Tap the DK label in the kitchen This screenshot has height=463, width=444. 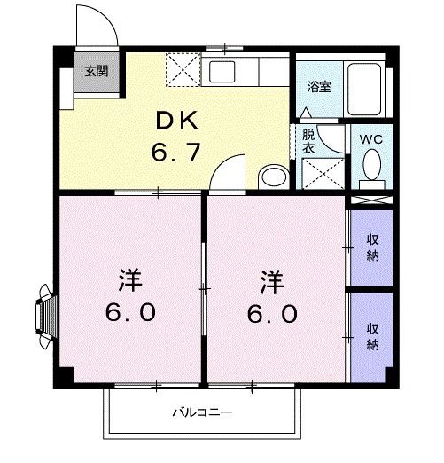(179, 121)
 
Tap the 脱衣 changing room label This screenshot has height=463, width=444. (308, 142)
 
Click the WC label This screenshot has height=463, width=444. (372, 139)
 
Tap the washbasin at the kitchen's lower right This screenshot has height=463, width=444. (274, 177)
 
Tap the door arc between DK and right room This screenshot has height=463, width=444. (227, 170)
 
